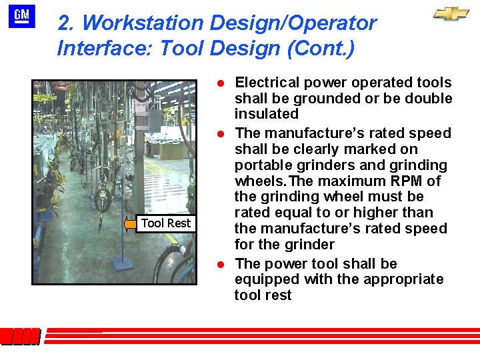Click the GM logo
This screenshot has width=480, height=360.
coord(22,15)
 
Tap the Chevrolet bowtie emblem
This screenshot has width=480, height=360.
coord(451,14)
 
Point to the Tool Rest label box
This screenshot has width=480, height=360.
coord(166,223)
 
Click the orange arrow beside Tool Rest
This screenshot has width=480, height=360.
coord(130,225)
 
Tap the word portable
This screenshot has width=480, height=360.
coord(261,165)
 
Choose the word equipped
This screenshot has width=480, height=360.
coord(263,279)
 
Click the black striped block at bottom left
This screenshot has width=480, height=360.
coord(20,337)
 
